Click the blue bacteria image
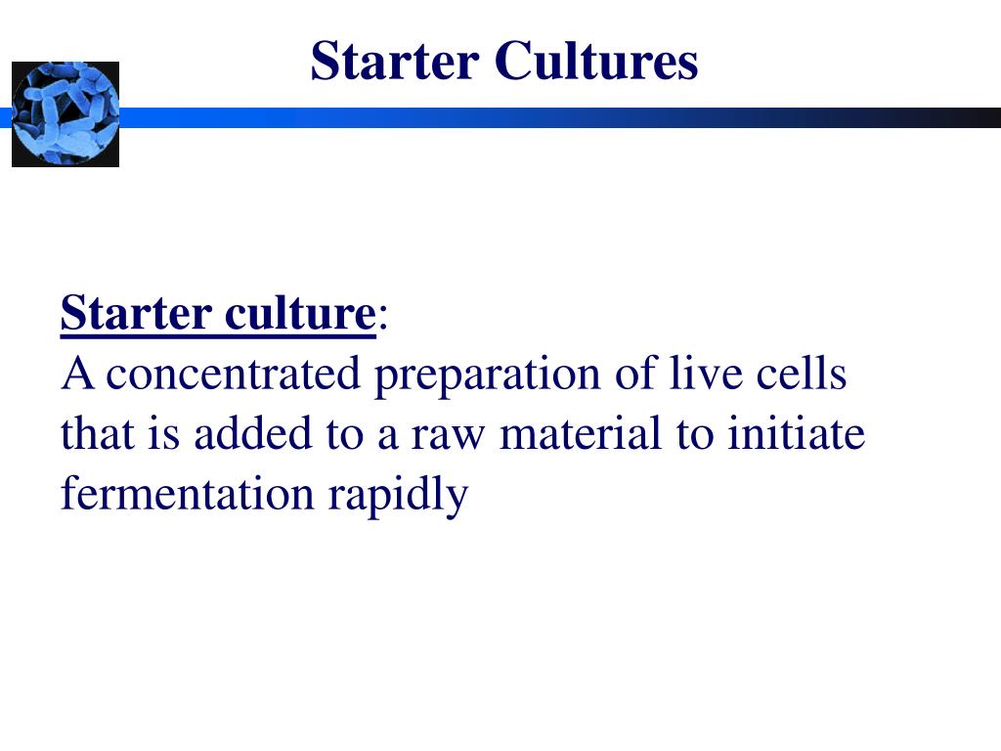(65, 113)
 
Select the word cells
(804, 375)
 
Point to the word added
(238, 434)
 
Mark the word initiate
(796, 434)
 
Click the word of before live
(634, 375)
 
